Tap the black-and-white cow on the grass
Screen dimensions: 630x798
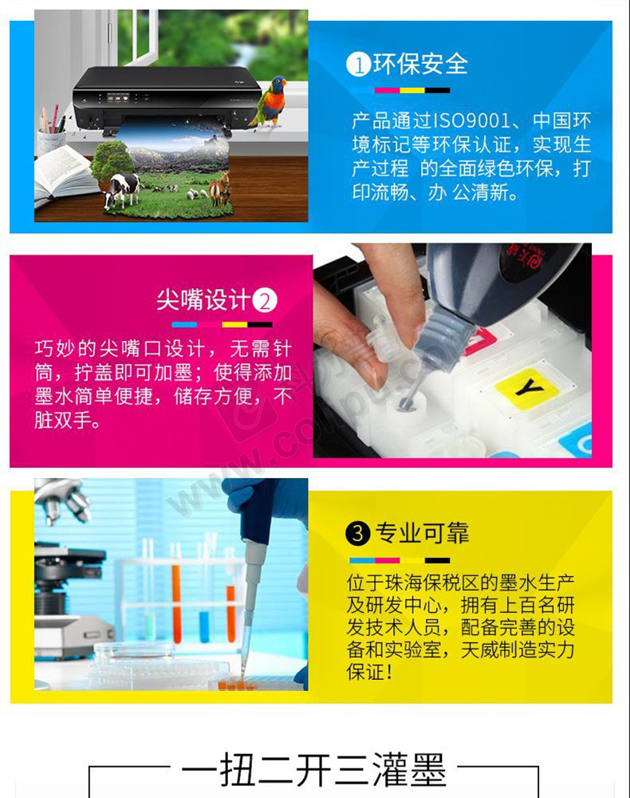point(122,188)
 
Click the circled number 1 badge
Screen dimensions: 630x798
point(358,65)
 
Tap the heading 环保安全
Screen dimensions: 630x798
point(420,65)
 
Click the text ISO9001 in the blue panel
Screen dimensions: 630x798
point(471,121)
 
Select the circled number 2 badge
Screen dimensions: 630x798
point(265,301)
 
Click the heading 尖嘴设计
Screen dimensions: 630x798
point(203,300)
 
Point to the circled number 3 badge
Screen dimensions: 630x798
point(357,533)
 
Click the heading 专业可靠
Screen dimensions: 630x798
point(422,533)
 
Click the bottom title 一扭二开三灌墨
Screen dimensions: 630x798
point(313,770)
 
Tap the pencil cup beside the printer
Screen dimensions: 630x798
point(51,140)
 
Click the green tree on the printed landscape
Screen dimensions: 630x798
point(110,160)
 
